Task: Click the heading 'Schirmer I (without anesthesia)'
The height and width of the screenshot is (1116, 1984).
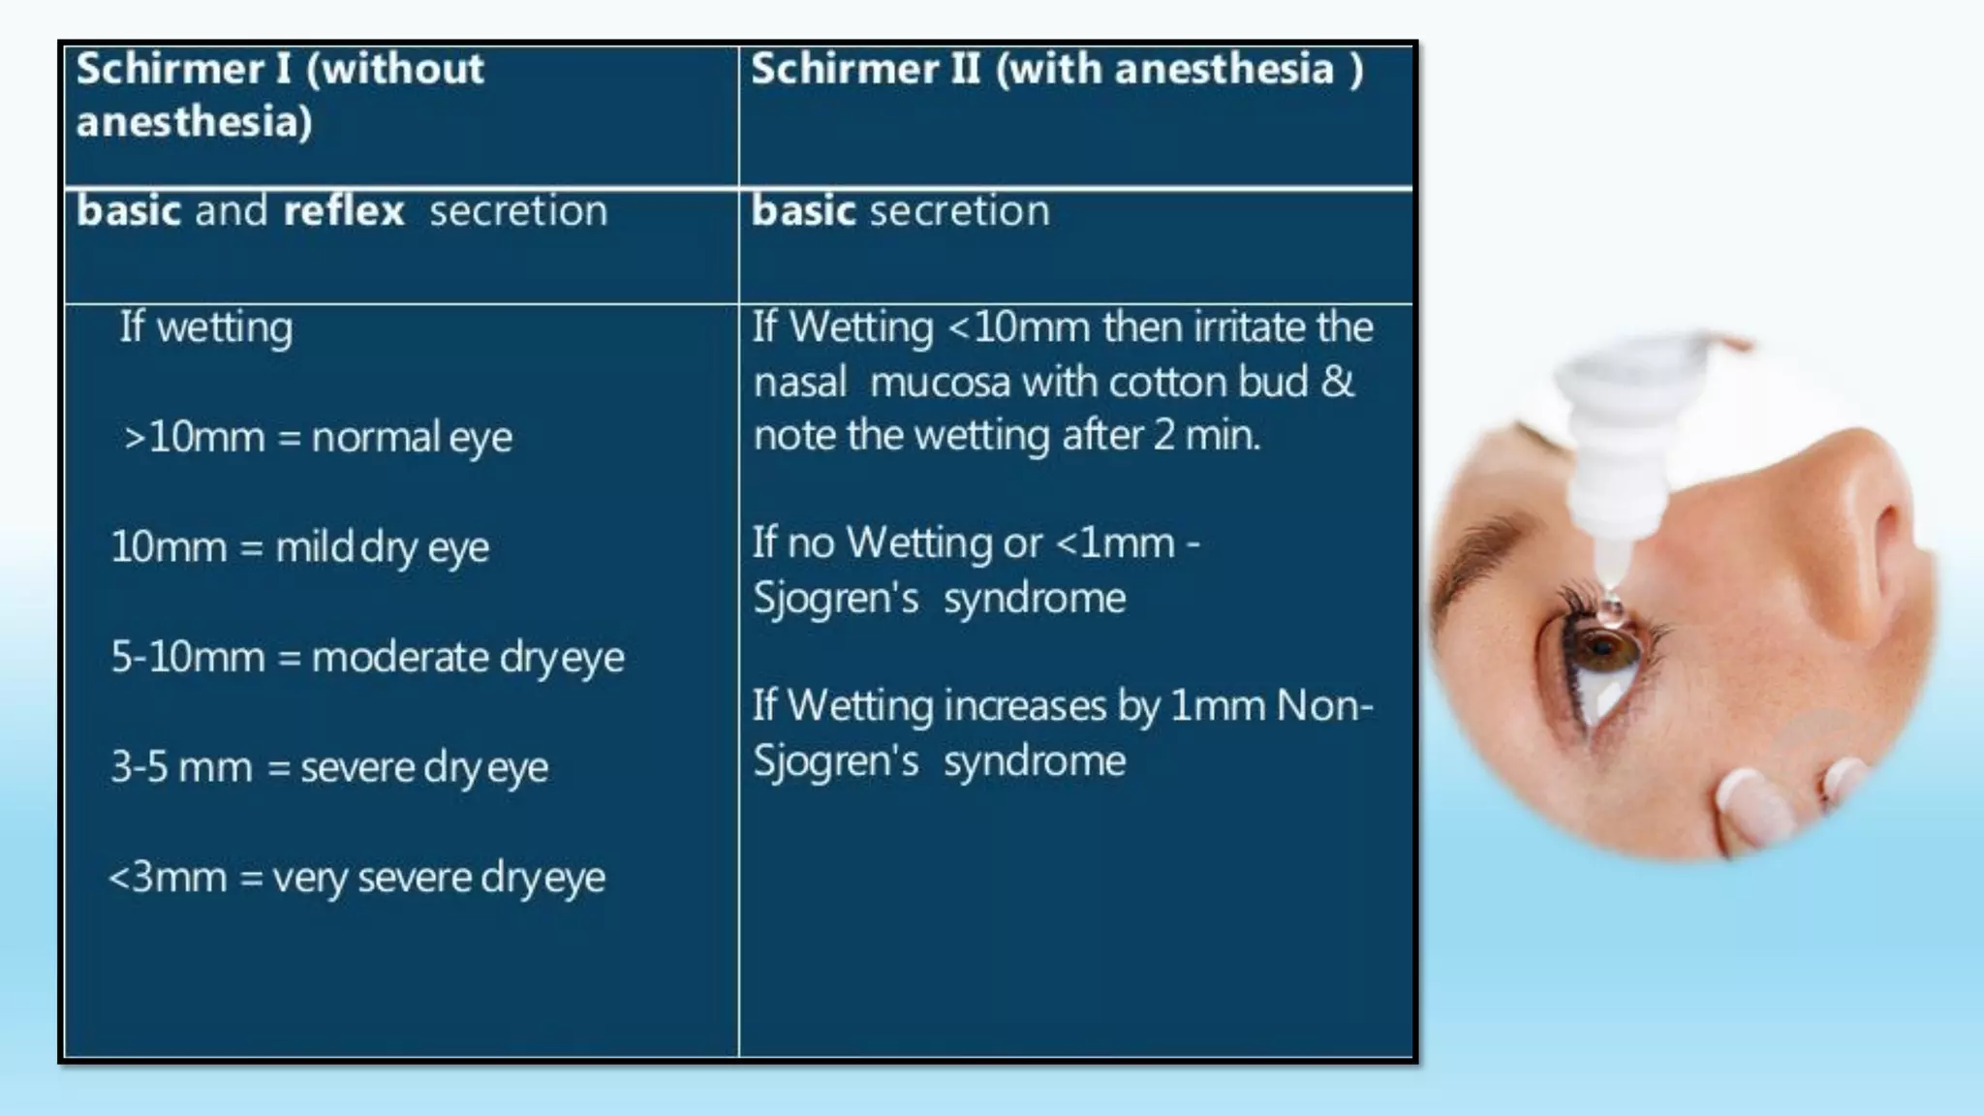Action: (x=280, y=95)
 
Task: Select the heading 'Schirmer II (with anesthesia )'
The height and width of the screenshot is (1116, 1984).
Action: (x=1057, y=70)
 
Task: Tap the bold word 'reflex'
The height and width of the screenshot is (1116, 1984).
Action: (x=344, y=211)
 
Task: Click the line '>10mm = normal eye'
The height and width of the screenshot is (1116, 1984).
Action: (x=318, y=437)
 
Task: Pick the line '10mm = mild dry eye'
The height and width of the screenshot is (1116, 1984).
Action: (x=300, y=547)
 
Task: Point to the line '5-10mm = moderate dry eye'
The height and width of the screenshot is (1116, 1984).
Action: (x=367, y=658)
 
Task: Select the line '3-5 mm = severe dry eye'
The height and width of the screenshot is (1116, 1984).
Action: (x=329, y=768)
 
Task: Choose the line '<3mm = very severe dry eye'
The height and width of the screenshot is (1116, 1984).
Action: (x=356, y=878)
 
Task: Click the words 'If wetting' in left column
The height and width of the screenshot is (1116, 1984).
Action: (x=205, y=327)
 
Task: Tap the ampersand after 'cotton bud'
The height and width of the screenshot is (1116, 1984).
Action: (x=1338, y=381)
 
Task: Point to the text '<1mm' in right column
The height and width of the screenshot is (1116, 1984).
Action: (x=1114, y=542)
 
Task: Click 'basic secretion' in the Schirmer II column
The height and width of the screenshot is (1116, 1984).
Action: (x=900, y=211)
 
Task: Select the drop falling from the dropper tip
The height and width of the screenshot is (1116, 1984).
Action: (x=1609, y=605)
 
